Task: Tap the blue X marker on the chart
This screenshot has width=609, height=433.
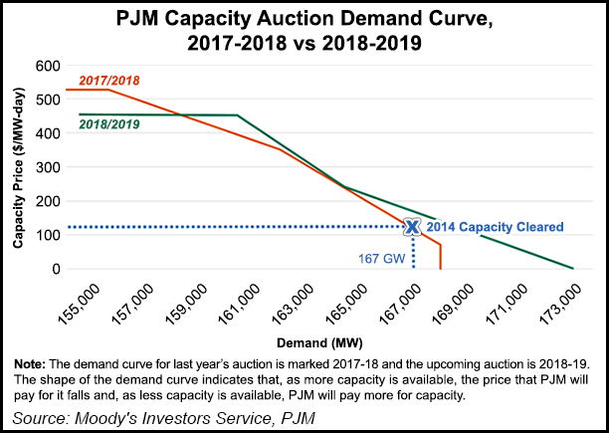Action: (411, 227)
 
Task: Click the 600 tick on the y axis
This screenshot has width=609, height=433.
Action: (45, 65)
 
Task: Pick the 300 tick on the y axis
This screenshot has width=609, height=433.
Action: (45, 166)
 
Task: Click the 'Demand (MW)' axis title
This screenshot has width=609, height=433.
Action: (320, 335)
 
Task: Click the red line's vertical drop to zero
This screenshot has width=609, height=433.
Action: (440, 256)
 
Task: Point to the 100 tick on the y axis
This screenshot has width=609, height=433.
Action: (45, 235)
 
